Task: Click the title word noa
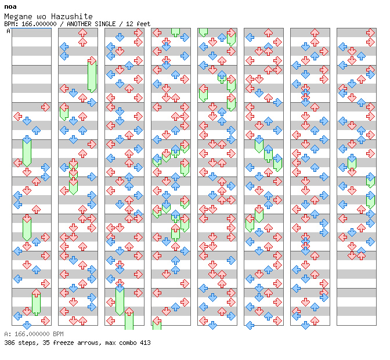(10, 7)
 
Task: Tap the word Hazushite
(72, 16)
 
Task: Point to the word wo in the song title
(42, 17)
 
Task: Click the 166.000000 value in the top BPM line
(39, 24)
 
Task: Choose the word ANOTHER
(79, 24)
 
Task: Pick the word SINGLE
(105, 24)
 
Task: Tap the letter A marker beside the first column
(9, 31)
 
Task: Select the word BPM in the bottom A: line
(58, 334)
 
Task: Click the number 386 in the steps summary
(9, 343)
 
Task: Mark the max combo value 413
(145, 343)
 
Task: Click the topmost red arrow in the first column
(45, 107)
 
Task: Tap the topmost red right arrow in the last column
(371, 33)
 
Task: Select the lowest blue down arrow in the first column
(27, 325)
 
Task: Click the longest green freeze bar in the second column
(92, 76)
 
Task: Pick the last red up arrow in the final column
(361, 255)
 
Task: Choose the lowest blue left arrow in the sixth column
(250, 325)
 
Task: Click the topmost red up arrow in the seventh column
(315, 33)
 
